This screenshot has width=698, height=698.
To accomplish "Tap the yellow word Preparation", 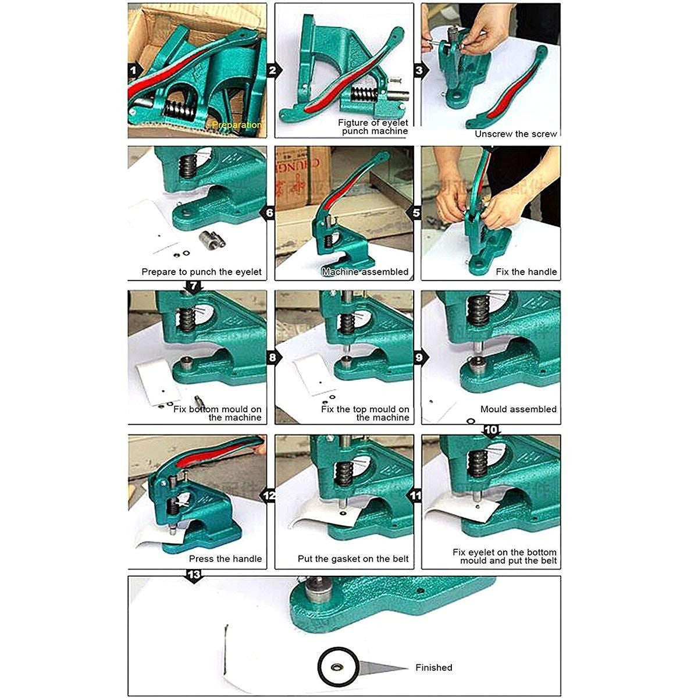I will click(x=237, y=125).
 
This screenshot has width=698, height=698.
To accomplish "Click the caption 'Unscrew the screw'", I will click(x=515, y=134).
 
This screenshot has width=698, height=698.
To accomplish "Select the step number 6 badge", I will click(x=269, y=213).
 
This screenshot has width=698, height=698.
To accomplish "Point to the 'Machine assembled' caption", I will click(x=365, y=272).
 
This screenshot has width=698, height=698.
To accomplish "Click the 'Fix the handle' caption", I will click(x=526, y=272).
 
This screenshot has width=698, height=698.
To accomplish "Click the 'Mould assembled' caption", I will click(x=518, y=409).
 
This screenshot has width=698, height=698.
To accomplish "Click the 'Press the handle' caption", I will click(x=225, y=558).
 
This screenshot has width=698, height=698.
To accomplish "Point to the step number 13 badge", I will click(x=194, y=575).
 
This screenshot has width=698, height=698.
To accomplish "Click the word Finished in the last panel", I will click(x=433, y=667).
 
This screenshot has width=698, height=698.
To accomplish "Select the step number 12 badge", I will click(x=269, y=496).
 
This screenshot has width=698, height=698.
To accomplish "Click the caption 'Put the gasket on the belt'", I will click(x=353, y=558).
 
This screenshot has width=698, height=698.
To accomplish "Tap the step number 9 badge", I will click(x=419, y=357).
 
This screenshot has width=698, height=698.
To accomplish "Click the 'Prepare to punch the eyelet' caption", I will click(x=201, y=272).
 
